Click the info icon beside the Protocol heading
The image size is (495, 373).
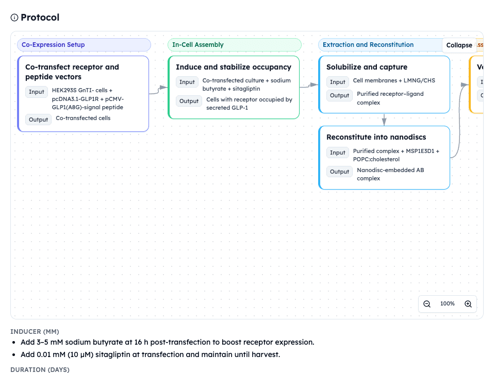click(14, 18)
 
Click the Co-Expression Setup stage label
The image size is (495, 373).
click(53, 45)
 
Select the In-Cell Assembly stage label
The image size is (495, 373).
click(198, 45)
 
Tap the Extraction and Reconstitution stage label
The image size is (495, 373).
click(368, 45)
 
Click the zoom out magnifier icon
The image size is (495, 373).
click(427, 304)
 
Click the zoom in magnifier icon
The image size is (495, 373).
click(468, 304)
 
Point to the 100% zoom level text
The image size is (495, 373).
click(448, 304)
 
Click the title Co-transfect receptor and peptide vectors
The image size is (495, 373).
click(72, 72)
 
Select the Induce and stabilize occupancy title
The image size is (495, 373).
click(234, 67)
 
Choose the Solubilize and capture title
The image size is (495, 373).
click(367, 67)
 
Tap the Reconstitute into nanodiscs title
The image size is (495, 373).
click(376, 137)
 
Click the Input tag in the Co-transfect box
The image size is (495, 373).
click(37, 92)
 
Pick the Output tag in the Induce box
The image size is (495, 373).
click(189, 101)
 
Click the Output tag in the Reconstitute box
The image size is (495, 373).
click(339, 172)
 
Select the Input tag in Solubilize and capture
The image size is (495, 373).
click(338, 82)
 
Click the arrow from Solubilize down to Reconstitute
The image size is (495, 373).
click(384, 120)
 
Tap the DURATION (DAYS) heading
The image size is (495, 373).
click(40, 369)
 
